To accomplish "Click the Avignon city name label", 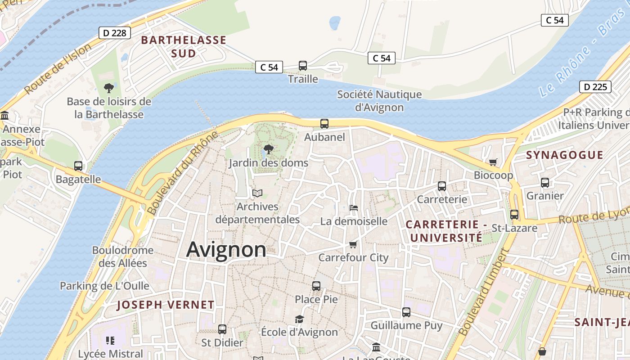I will [226, 249].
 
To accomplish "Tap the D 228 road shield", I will [115, 32].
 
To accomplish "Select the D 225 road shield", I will [595, 87].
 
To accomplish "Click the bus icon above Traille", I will [303, 66].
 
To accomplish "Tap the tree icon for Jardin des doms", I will [268, 149].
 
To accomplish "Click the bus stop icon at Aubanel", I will [324, 123].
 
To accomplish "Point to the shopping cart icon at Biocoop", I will [493, 162].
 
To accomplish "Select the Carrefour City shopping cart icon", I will [353, 244].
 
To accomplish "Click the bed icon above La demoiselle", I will [354, 208].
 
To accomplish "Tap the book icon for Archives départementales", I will [257, 193].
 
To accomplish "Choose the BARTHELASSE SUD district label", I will [184, 46].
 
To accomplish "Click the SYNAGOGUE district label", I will [564, 155].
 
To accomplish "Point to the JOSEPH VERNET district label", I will [166, 305].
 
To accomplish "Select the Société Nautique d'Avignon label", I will [379, 101].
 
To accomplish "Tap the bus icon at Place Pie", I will [316, 286].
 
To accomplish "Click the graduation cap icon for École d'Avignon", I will [299, 319].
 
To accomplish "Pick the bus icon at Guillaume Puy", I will [406, 312].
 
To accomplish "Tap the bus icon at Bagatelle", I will [78, 166].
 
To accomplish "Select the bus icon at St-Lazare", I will [514, 215].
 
